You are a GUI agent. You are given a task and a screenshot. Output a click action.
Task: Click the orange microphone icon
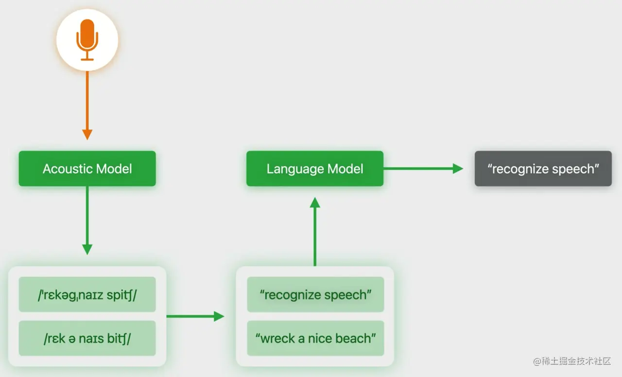(87, 39)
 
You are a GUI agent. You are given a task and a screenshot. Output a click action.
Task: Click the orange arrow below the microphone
(87, 105)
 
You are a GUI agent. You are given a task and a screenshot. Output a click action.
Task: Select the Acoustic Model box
(87, 169)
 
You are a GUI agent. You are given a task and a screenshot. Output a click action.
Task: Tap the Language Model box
(315, 169)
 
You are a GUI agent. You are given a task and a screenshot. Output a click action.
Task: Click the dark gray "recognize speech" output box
(543, 169)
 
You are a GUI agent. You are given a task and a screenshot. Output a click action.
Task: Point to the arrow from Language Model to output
(423, 169)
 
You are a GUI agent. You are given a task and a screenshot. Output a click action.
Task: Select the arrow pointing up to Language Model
(315, 231)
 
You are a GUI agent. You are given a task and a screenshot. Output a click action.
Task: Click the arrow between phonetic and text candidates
(194, 316)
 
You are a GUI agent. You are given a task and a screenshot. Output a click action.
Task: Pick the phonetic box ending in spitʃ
(87, 295)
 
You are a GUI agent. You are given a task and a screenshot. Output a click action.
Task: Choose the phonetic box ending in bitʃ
(87, 339)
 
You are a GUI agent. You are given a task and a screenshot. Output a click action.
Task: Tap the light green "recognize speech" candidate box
(315, 295)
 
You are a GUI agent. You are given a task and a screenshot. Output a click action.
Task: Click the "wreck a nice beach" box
(315, 339)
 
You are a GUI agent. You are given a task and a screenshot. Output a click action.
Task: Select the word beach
(356, 339)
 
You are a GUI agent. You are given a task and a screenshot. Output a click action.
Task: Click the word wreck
(278, 339)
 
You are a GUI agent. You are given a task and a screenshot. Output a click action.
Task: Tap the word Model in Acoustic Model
(114, 169)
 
